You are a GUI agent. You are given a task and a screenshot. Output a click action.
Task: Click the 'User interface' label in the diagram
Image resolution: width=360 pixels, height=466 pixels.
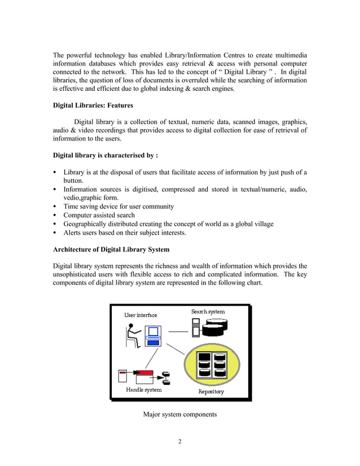pos(141,315)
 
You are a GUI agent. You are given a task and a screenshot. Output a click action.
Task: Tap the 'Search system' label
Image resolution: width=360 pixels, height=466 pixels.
pos(208,311)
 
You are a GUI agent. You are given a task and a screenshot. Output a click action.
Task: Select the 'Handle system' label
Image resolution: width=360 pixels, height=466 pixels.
pos(143,390)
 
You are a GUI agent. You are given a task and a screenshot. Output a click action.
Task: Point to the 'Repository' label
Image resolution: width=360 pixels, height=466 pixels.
pos(211,392)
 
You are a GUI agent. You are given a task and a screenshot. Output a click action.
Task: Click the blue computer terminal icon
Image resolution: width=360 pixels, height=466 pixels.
pos(153,339)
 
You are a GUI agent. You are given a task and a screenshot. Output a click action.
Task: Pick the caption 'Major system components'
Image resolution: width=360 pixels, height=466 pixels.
pos(179,415)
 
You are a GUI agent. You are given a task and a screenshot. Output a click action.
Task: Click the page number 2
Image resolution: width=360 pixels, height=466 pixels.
pos(179,441)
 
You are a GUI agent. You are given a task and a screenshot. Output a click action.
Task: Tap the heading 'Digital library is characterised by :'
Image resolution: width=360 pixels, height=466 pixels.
pos(105,155)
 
